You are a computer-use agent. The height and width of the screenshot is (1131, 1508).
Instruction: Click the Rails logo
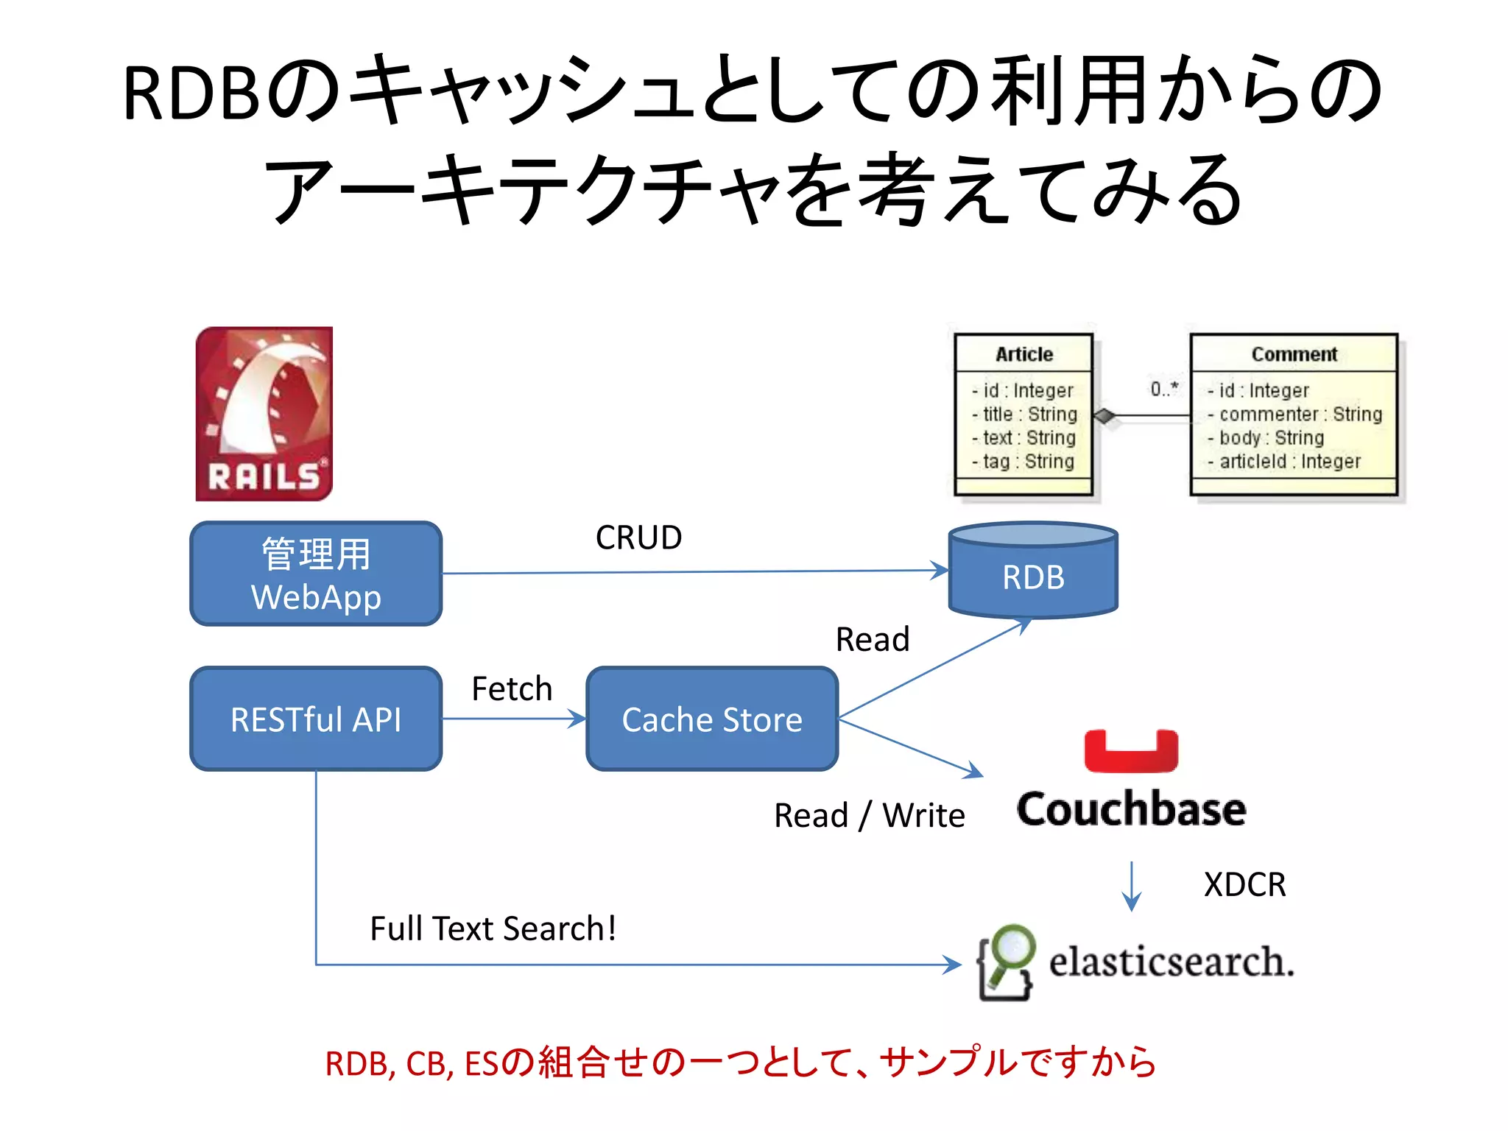[x=264, y=414]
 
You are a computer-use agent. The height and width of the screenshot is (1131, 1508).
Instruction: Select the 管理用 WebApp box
[x=316, y=574]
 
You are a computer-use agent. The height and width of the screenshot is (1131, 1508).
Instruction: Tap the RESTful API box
[x=316, y=719]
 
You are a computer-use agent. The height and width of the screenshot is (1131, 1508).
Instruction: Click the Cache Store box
[x=712, y=719]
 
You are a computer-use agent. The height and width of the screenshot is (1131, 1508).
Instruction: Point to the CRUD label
[x=638, y=538]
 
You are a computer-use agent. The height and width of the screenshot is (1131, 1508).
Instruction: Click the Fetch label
[x=512, y=689]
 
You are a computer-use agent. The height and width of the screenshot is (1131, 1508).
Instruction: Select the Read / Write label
[x=869, y=816]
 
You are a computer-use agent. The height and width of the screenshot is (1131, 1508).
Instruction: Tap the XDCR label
[x=1244, y=884]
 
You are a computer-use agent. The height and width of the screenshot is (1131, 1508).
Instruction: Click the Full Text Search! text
[x=493, y=929]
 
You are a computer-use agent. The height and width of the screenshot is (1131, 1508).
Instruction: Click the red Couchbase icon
[x=1131, y=751]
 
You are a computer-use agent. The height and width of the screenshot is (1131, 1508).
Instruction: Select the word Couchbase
[x=1131, y=809]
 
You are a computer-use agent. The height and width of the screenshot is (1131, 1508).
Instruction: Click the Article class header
[x=1023, y=354]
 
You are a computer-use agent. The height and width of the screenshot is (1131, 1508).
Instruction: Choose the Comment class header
[x=1294, y=354]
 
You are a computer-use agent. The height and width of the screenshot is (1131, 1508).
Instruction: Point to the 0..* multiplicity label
[x=1164, y=388]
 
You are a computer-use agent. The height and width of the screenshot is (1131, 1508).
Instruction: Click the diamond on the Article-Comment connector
[x=1104, y=416]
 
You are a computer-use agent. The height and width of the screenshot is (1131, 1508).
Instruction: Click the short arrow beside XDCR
[x=1131, y=887]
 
